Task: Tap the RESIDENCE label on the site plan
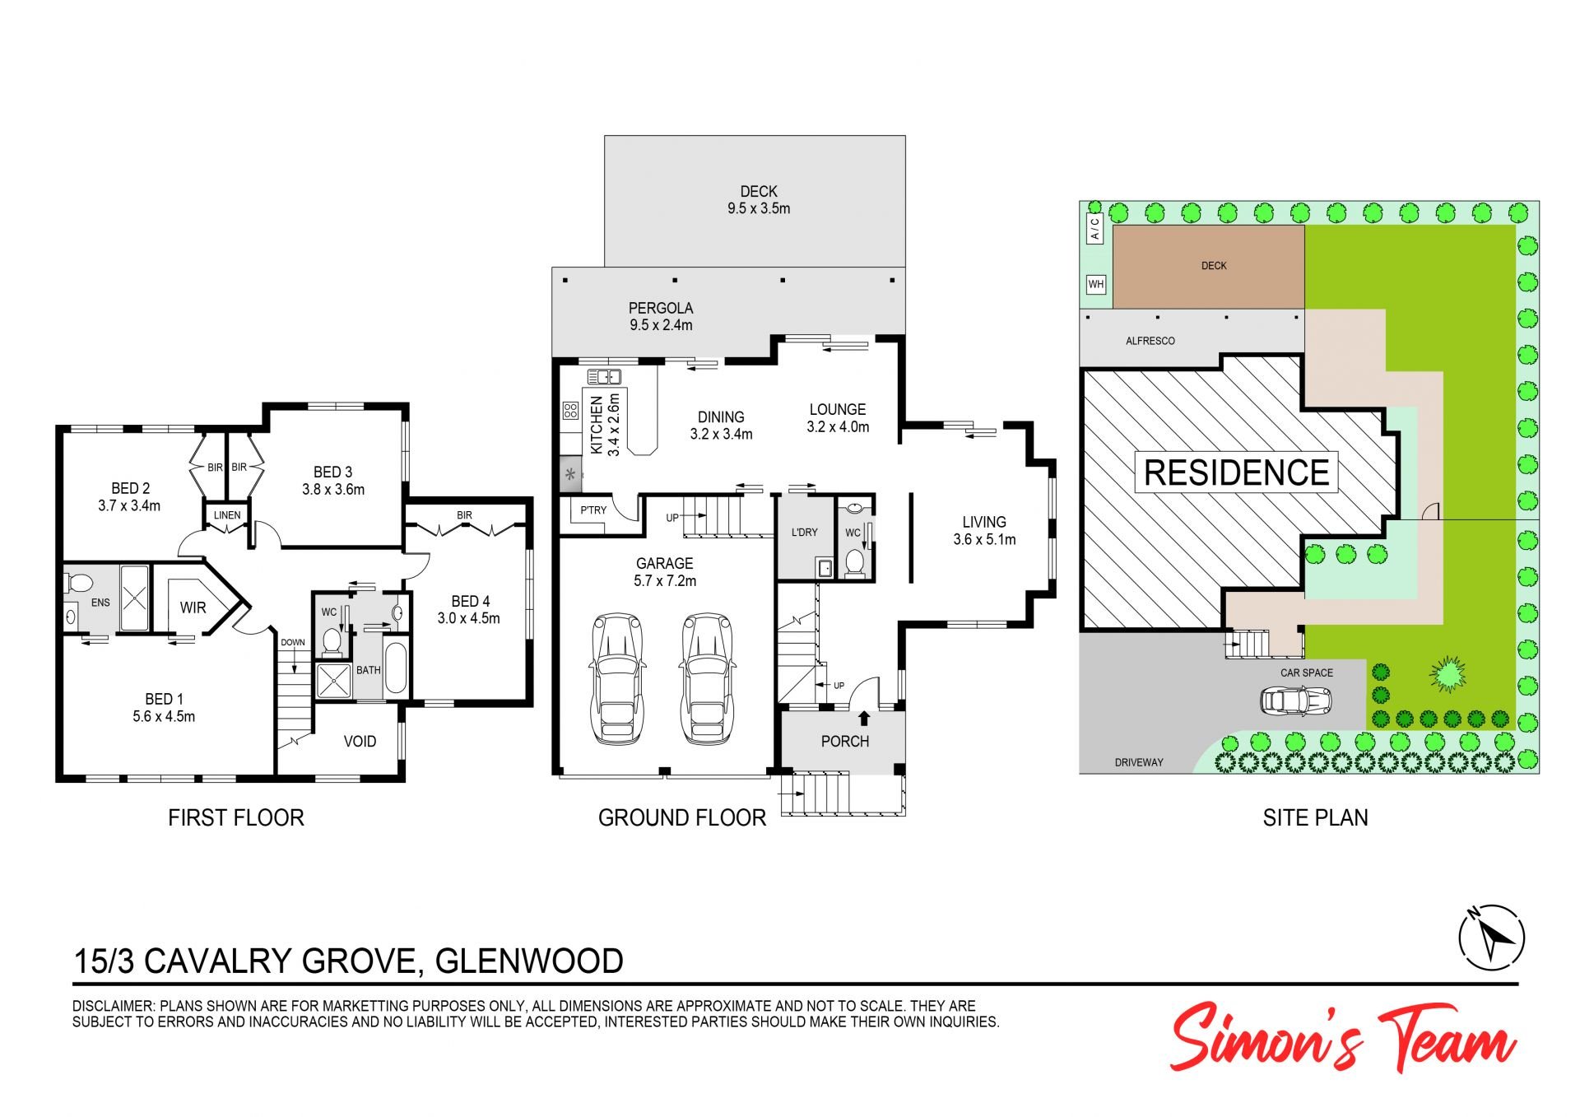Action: [x=1236, y=472]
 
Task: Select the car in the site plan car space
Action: [x=1295, y=700]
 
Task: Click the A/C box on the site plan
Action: [x=1095, y=228]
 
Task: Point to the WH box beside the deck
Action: [x=1096, y=284]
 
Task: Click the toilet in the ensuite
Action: [x=78, y=584]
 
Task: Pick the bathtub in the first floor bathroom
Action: [x=396, y=668]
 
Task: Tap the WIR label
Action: [x=193, y=607]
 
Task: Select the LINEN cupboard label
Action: [x=227, y=515]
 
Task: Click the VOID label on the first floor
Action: [x=360, y=741]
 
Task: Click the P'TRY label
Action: [x=593, y=510]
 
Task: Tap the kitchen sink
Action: [x=603, y=377]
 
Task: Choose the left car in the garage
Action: [x=616, y=679]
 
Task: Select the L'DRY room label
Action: [x=804, y=532]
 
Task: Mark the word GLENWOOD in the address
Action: [x=529, y=961]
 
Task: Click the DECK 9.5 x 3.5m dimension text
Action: [x=759, y=200]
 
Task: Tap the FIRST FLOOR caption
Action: [x=236, y=817]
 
